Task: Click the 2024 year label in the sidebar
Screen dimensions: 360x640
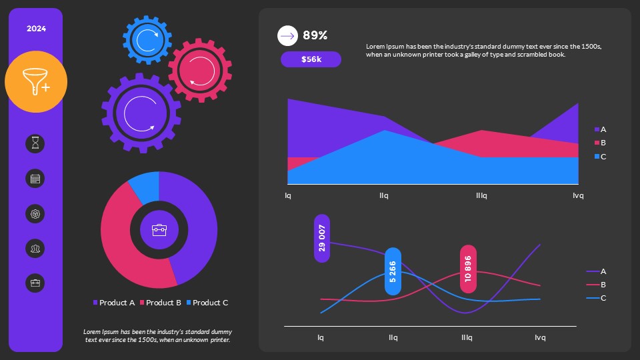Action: [x=36, y=29]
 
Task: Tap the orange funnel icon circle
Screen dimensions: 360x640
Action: [x=36, y=81]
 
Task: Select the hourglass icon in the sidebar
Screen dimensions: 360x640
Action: [x=35, y=143]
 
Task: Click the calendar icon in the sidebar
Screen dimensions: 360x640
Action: [x=35, y=178]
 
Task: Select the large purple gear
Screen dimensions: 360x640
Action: [x=141, y=113]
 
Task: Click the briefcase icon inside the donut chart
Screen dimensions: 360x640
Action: [x=159, y=230]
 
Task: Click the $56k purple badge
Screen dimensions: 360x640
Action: [x=311, y=59]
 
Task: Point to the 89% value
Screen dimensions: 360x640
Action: [x=315, y=36]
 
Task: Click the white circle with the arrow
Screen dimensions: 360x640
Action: [x=287, y=35]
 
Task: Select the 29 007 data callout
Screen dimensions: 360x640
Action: [x=322, y=238]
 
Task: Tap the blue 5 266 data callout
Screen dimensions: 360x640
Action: [x=393, y=271]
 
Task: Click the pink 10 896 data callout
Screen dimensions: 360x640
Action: [x=468, y=269]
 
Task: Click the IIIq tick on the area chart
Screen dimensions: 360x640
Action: [x=481, y=196]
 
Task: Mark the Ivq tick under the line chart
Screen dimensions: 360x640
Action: [x=540, y=337]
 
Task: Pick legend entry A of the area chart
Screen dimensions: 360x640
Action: [x=600, y=129]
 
